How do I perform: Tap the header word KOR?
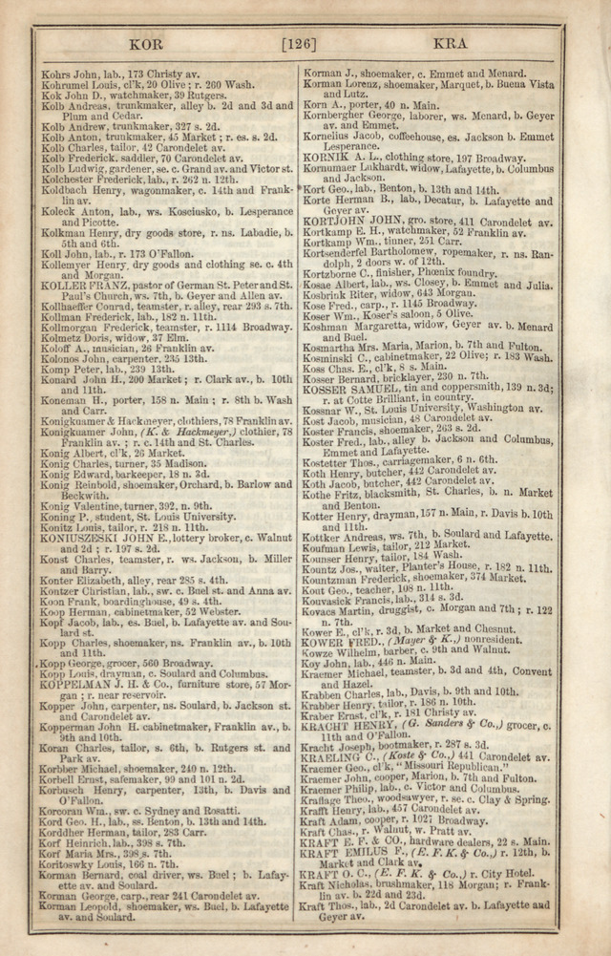[150, 44]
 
